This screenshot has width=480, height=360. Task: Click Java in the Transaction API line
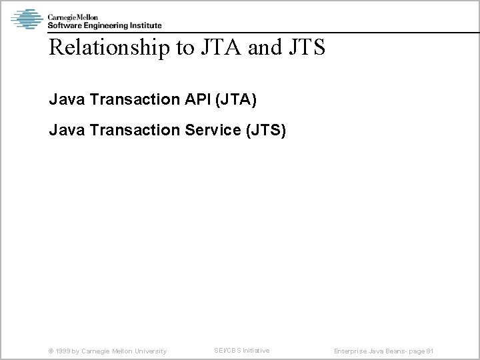point(64,101)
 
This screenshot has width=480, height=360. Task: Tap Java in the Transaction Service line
point(64,131)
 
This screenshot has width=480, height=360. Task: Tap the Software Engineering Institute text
point(105,25)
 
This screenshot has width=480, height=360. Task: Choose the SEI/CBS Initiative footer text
point(241,350)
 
